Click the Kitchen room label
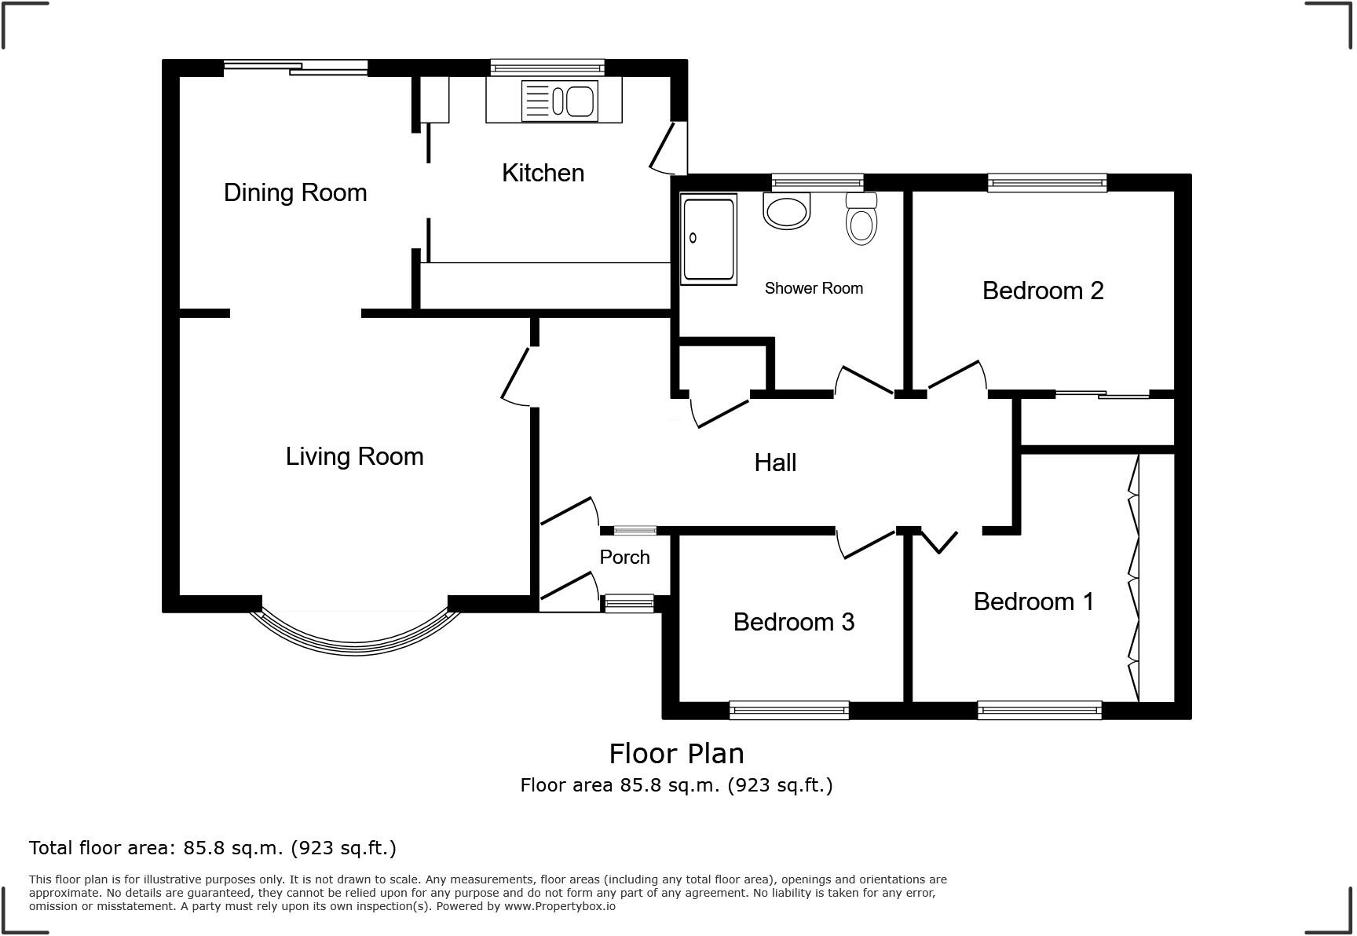click(543, 173)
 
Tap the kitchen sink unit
click(560, 101)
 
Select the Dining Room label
click(295, 192)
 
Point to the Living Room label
click(354, 456)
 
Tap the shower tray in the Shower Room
click(709, 239)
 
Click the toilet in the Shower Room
click(861, 221)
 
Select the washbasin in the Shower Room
click(786, 211)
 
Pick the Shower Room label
click(814, 288)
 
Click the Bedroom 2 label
click(1043, 291)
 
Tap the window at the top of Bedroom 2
click(1047, 183)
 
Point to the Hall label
click(775, 463)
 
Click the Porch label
click(624, 557)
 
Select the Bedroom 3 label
click(793, 622)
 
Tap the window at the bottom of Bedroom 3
click(788, 711)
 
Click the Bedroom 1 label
click(1033, 601)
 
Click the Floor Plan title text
click(676, 753)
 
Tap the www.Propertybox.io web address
click(559, 906)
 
